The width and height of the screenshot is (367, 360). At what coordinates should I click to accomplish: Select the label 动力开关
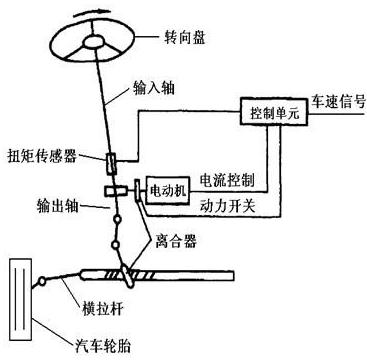pyautogui.click(x=228, y=209)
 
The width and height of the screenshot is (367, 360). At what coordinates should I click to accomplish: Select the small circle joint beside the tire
pyautogui.click(x=42, y=283)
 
